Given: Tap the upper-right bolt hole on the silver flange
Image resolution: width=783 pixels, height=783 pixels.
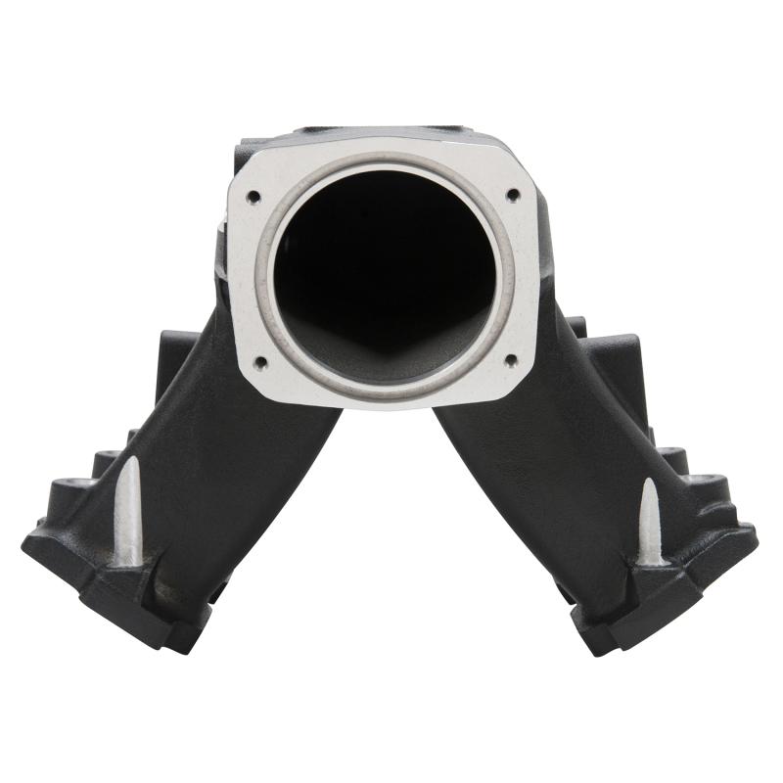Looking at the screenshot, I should point(511,195).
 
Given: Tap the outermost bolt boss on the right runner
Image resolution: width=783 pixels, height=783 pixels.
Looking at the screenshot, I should point(708,486).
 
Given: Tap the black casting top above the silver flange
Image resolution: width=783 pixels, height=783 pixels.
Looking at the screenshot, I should point(382,132).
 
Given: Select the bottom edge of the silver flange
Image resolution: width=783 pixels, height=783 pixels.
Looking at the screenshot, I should point(382,400).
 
